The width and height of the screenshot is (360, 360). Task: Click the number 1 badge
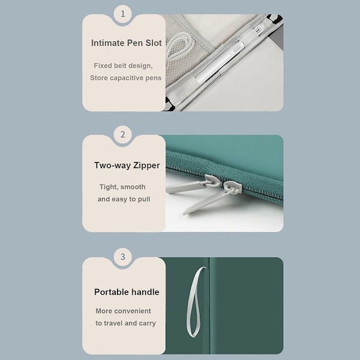[x=123, y=14]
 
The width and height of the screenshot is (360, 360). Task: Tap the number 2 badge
[x=123, y=134]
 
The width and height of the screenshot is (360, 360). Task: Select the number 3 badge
[x=123, y=256]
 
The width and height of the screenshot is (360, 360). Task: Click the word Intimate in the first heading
[x=107, y=43]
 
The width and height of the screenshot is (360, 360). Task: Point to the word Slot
[x=154, y=43]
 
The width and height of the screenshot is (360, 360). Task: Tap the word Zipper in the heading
[x=146, y=166]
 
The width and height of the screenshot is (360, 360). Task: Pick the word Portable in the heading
[x=109, y=292]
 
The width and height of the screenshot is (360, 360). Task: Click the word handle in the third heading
[x=143, y=292]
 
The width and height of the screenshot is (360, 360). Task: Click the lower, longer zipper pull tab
[x=211, y=198]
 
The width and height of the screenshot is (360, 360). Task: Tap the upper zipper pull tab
[x=191, y=184]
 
